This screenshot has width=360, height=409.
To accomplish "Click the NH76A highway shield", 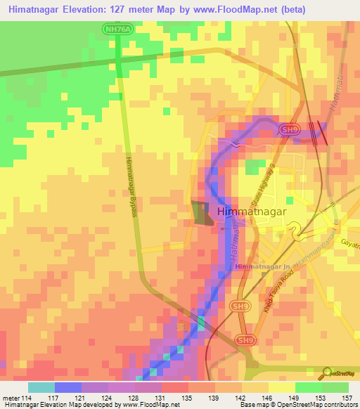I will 117,30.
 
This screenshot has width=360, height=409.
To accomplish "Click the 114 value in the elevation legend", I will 29,397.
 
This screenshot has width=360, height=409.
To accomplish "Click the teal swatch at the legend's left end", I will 41,387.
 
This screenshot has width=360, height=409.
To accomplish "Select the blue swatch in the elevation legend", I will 68,387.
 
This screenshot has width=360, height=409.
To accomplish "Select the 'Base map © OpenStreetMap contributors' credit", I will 297,405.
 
